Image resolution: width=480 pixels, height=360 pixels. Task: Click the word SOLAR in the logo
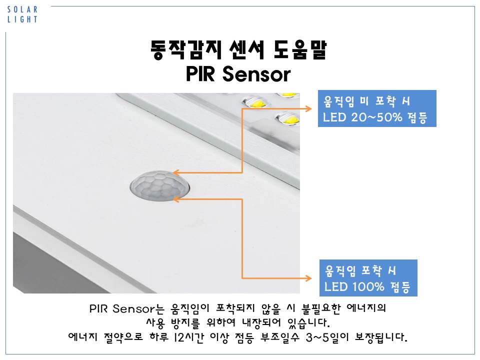[x=22, y=9]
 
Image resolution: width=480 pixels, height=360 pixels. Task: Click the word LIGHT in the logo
[x=22, y=19]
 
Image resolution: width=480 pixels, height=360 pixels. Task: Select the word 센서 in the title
[x=246, y=49]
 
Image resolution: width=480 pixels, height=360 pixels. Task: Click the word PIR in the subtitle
[x=200, y=74]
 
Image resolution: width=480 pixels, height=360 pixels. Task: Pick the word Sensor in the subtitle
[x=256, y=74]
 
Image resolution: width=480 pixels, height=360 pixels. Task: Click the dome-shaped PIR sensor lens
[x=160, y=186]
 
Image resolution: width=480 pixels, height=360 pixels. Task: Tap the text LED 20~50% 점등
[x=375, y=117]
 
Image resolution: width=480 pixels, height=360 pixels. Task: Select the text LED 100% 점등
[x=367, y=287]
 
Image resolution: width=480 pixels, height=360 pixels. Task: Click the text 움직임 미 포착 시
[x=366, y=101]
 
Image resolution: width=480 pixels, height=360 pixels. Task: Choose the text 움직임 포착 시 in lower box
[x=360, y=270]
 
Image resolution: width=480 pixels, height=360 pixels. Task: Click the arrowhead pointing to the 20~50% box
[x=308, y=108]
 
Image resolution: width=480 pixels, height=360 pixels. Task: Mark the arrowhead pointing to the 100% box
[x=308, y=278]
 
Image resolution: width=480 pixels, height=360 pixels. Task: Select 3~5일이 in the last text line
[x=327, y=337]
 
